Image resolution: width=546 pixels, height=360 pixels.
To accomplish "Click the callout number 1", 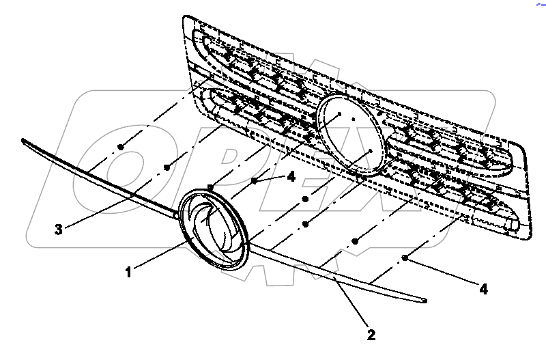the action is click(x=128, y=272).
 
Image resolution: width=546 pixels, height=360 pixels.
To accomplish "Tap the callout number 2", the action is click(x=371, y=335).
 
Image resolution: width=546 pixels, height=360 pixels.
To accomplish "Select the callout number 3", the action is click(x=59, y=230).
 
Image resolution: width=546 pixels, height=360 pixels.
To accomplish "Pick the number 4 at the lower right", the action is click(x=483, y=289).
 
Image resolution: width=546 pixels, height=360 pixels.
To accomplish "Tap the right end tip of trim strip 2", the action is click(x=425, y=300).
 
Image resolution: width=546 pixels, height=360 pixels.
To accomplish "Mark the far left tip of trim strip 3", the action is click(x=24, y=141).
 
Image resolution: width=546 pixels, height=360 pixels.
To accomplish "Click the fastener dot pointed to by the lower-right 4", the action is click(x=405, y=258).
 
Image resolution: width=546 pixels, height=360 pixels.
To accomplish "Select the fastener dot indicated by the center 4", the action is click(x=253, y=180).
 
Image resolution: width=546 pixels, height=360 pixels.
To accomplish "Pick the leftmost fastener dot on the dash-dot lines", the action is click(x=120, y=146).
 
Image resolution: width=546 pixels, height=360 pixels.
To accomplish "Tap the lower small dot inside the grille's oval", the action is click(x=369, y=149).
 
